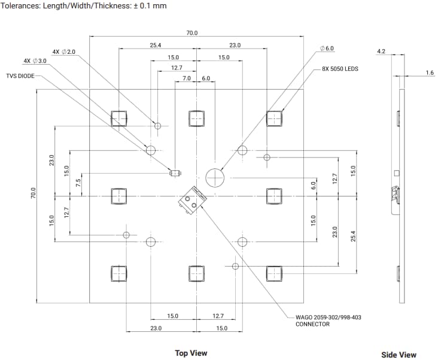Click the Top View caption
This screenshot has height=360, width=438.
click(191, 353)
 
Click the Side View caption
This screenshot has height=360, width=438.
click(399, 355)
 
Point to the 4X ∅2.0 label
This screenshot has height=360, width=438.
click(64, 52)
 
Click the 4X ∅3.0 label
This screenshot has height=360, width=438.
click(35, 61)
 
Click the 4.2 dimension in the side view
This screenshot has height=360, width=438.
click(381, 52)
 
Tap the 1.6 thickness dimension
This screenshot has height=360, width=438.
click(430, 72)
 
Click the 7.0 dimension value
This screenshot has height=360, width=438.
click(187, 78)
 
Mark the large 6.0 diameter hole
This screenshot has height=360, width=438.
click(214, 177)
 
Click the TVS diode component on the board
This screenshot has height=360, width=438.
click(175, 173)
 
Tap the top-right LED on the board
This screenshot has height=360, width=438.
click(274, 119)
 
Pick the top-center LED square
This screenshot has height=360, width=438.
click(197, 119)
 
